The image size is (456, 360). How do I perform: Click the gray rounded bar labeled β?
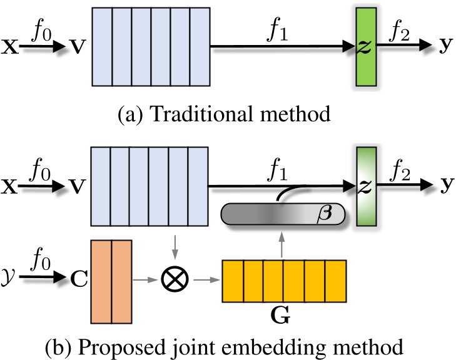point(285,216)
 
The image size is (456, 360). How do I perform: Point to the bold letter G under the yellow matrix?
point(283,316)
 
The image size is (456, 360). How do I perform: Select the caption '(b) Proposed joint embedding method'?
point(228,344)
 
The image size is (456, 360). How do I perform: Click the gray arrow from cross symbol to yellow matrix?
point(206,275)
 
